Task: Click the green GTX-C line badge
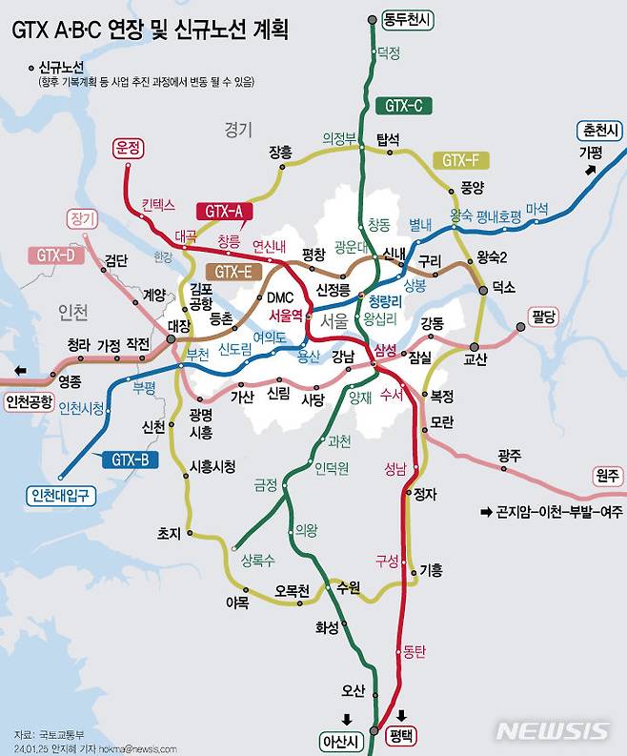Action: coord(404,106)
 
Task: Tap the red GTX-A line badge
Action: coord(223,211)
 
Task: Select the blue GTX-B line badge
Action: coord(130,459)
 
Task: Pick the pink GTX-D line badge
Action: coord(56,255)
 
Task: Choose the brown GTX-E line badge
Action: coord(233,272)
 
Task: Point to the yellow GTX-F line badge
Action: coord(460,160)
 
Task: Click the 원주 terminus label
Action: coord(606,474)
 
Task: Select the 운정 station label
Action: coord(127,148)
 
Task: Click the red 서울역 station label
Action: coord(285,315)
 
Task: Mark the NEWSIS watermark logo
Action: coord(553,731)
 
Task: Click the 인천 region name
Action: coord(72,312)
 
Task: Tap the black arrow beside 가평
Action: coord(592,170)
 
